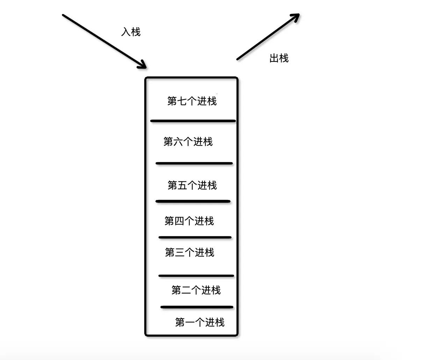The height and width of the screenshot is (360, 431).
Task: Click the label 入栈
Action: [131, 32]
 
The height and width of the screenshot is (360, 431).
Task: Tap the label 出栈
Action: [279, 58]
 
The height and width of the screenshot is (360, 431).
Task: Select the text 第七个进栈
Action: [192, 101]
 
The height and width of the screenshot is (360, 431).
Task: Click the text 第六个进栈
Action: [188, 142]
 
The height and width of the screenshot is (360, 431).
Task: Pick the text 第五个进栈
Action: [192, 185]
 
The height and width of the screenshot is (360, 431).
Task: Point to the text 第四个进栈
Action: [189, 221]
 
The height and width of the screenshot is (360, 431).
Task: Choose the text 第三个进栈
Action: [189, 252]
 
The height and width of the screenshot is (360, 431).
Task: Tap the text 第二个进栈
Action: [196, 290]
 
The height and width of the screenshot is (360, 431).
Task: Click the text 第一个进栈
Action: [200, 322]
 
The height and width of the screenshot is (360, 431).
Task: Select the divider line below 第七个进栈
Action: [193, 121]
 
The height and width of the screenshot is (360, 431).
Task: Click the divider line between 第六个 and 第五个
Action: [194, 163]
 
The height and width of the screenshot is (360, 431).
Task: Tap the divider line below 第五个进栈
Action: [193, 201]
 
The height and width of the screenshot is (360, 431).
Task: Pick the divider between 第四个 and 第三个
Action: [195, 237]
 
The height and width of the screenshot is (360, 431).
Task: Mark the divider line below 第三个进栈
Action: [196, 276]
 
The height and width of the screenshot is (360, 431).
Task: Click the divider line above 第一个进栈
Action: [197, 307]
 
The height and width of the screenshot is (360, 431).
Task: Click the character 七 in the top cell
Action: [182, 101]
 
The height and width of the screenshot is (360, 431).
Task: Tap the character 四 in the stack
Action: [179, 221]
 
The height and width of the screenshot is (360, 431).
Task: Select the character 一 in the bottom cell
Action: [190, 322]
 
